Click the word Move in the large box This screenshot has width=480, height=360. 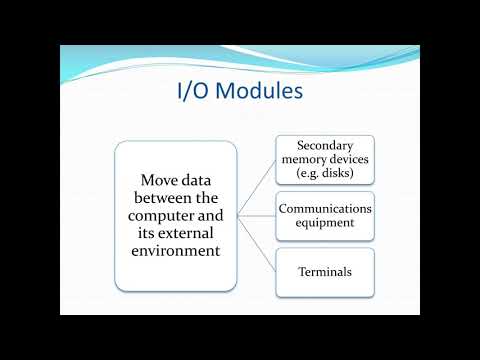point(152,179)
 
